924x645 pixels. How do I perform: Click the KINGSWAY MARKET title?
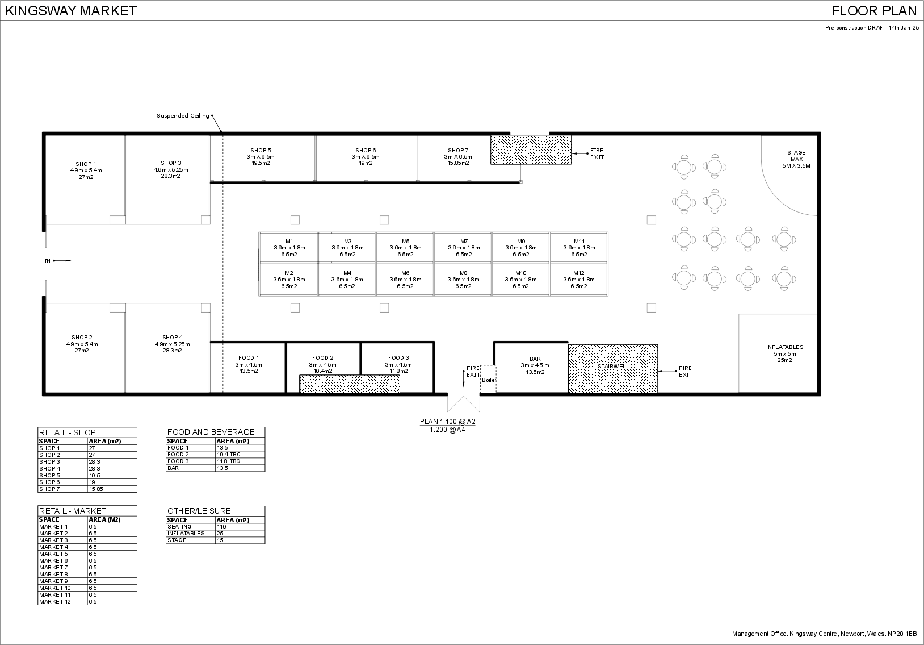pyautogui.click(x=71, y=11)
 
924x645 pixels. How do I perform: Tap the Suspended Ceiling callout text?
pyautogui.click(x=183, y=116)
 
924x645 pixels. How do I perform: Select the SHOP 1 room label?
pyautogui.click(x=86, y=164)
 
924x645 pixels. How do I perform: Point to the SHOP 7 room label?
pyautogui.click(x=458, y=151)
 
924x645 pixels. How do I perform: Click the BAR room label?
pyautogui.click(x=535, y=359)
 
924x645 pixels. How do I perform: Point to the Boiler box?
pyautogui.click(x=489, y=379)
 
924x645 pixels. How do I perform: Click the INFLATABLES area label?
pyautogui.click(x=784, y=347)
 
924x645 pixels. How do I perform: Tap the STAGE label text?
pyautogui.click(x=796, y=153)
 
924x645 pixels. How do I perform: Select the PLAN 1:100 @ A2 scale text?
pyautogui.click(x=447, y=422)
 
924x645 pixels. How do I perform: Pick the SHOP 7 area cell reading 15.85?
pyautogui.click(x=96, y=489)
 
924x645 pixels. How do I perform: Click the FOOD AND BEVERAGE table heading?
pyautogui.click(x=211, y=432)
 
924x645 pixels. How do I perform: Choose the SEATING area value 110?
pyautogui.click(x=221, y=527)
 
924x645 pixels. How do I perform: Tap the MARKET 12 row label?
pyautogui.click(x=55, y=602)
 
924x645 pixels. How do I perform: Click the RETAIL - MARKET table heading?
pyautogui.click(x=72, y=511)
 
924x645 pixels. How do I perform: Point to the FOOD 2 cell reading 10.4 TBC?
pyautogui.click(x=228, y=455)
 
